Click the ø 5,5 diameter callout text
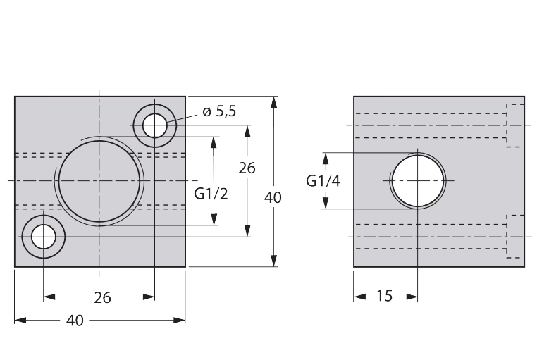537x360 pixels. point(219,111)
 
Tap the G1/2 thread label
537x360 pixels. point(211,194)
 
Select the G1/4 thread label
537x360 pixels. point(323,181)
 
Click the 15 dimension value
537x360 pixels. point(384,296)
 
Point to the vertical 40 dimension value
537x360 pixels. point(273,197)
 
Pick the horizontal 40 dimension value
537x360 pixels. point(75,321)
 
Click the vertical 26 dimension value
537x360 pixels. point(247,168)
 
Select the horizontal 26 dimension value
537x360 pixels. point(102,298)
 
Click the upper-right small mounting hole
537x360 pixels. point(155,125)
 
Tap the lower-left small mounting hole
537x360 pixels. point(44,237)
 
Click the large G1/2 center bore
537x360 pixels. point(99,181)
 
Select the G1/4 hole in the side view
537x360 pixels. point(418,180)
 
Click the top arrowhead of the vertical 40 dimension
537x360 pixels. point(273,102)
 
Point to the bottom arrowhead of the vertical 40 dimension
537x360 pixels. point(273,261)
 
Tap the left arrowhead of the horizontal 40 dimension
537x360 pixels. point(20,321)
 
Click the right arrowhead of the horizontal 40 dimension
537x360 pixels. point(179,321)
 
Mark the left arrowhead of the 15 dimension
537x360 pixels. point(359,297)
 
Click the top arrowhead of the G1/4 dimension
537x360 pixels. point(326,159)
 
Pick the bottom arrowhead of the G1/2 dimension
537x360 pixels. point(214,219)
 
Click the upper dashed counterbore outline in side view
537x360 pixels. point(515,125)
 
